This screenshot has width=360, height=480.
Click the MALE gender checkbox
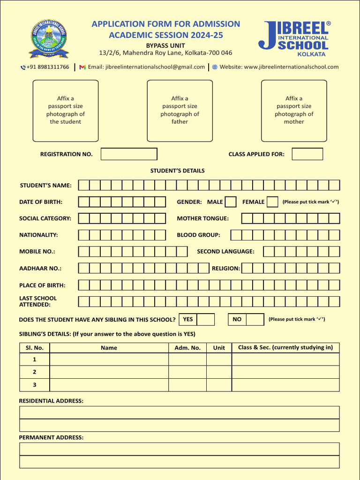coord(231,202)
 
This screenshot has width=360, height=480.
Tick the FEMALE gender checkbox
coord(272,202)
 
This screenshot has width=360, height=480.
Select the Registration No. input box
coord(129,154)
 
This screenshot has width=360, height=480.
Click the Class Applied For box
coord(307,154)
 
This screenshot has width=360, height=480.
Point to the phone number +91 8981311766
coord(47,67)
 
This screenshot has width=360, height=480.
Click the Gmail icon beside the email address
coord(82,67)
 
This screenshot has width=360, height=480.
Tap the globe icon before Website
coord(215,67)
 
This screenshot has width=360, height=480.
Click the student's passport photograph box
coord(66,111)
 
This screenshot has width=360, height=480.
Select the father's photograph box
coord(180,111)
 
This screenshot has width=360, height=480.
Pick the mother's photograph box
coord(294,111)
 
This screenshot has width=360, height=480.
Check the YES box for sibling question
coord(206,320)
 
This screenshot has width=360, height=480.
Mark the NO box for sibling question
coord(255,320)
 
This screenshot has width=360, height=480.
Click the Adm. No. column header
coord(187,348)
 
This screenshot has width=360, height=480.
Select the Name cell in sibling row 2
coord(109,372)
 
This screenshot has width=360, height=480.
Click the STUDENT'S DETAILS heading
coord(177,171)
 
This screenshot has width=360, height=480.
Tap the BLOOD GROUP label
coord(198,235)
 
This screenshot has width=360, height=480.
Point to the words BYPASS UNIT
coord(165,45)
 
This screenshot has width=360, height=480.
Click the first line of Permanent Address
coord(179,449)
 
